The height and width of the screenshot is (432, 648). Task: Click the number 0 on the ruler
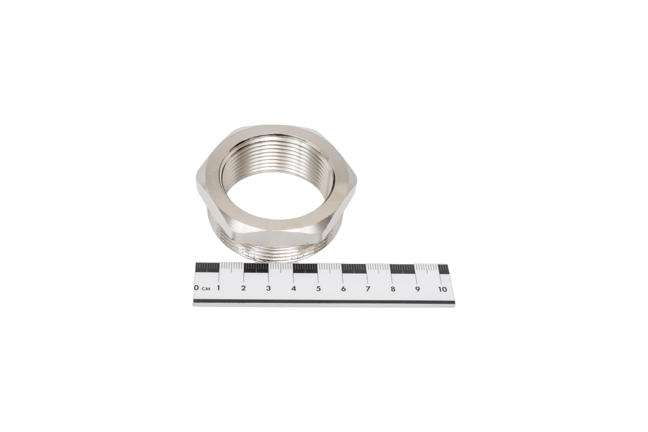coord(197,288)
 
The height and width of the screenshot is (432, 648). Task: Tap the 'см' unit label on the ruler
coord(206,289)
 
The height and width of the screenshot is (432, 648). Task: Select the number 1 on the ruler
coord(218,288)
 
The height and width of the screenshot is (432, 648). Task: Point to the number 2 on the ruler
coord(243,288)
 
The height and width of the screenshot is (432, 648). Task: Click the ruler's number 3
coord(268,288)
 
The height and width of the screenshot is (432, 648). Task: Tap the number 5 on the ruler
coord(319,289)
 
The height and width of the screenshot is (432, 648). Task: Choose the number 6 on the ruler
coord(343,289)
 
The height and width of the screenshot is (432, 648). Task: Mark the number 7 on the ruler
coord(368,289)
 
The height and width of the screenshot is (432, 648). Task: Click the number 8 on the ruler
coord(393,289)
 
